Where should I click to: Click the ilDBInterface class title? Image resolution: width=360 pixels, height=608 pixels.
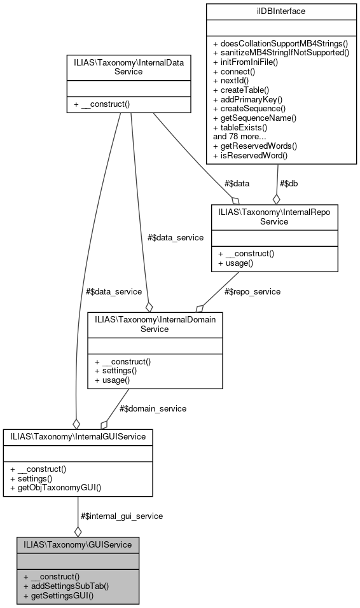coord(280,11)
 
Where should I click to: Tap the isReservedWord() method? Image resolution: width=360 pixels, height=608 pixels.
coord(253,155)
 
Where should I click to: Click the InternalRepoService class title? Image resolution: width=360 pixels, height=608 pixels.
coord(275,217)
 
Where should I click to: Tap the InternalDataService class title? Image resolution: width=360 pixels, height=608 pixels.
coord(128,67)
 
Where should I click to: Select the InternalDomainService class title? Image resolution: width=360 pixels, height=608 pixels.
coord(155,324)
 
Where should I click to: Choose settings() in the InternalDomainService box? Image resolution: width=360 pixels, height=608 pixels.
coord(115,371)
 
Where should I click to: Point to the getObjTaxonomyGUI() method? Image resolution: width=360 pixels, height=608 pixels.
coord(55,488)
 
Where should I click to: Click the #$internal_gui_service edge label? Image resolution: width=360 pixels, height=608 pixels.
coord(121,516)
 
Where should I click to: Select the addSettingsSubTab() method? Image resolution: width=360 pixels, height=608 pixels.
coord(66,586)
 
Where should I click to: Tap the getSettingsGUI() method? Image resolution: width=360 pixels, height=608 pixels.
coord(62,596)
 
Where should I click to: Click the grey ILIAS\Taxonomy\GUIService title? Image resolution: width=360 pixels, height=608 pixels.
coord(78,544)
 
